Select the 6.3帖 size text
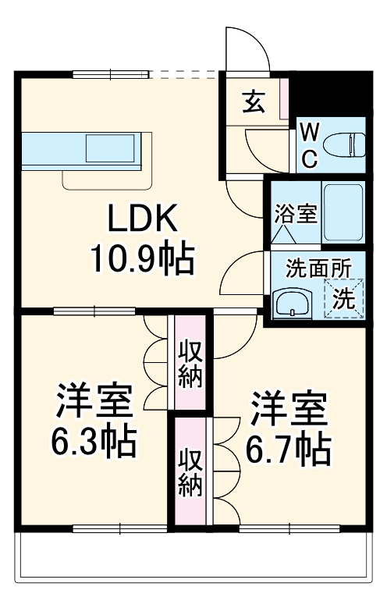click(x=94, y=443)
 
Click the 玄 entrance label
click(x=253, y=101)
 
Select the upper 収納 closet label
click(x=190, y=364)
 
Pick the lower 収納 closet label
click(x=190, y=473)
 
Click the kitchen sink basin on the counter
click(x=110, y=148)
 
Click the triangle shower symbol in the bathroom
click(x=283, y=233)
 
